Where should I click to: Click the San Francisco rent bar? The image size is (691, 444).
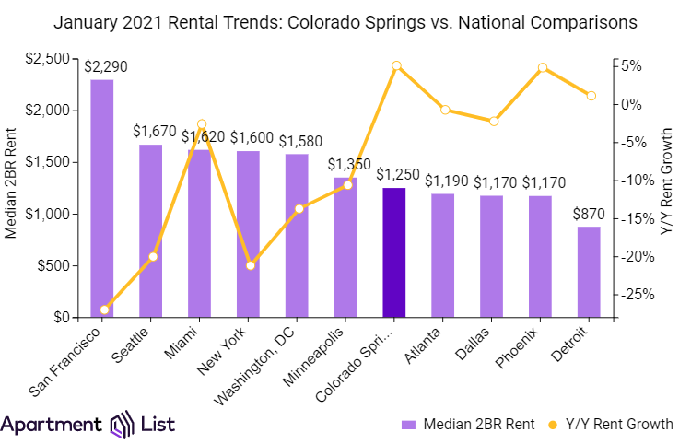[102, 198]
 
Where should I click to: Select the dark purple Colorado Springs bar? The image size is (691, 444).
[394, 252]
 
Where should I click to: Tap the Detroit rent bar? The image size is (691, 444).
[589, 272]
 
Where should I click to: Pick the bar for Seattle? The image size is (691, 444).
[151, 230]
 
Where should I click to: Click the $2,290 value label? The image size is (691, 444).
[103, 67]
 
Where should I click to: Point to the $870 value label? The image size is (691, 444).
[589, 214]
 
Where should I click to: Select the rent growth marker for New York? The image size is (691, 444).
[250, 265]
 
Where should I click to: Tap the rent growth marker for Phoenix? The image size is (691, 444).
[543, 68]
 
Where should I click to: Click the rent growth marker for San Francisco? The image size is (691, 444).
[104, 310]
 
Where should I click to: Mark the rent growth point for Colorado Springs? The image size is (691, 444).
[396, 65]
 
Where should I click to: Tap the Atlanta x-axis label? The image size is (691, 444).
[429, 340]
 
